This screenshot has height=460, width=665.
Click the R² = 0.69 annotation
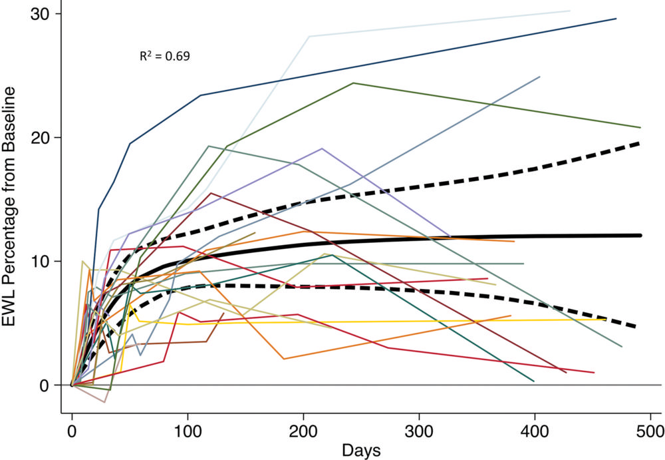tap(164, 57)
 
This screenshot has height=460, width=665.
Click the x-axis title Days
tap(361, 450)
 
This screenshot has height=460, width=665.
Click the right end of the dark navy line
tap(616, 19)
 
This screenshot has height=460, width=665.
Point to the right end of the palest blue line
tap(569, 11)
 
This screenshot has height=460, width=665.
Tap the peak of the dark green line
tap(353, 83)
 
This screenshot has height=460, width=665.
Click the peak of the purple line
tap(322, 148)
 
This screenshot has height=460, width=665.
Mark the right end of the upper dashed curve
tap(639, 143)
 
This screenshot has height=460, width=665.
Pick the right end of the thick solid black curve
tap(640, 235)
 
